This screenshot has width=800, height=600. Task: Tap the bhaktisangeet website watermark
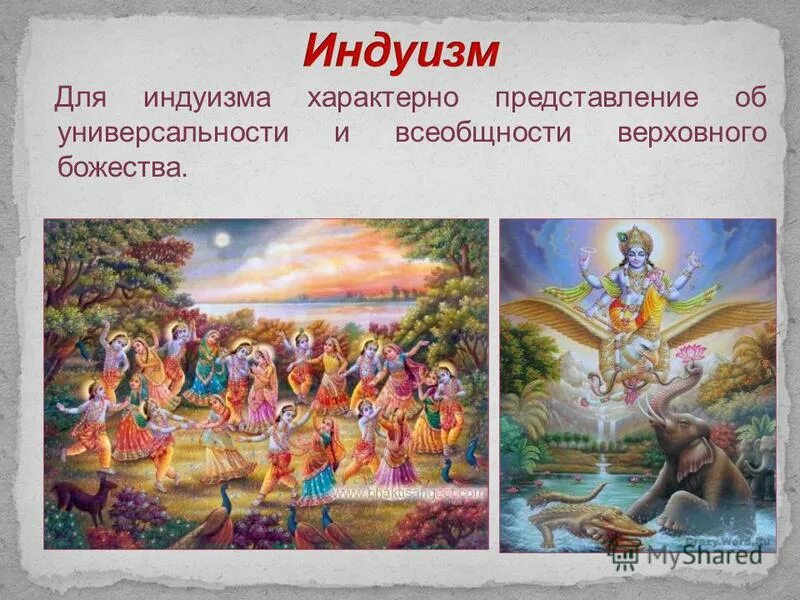[x=410, y=493]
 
